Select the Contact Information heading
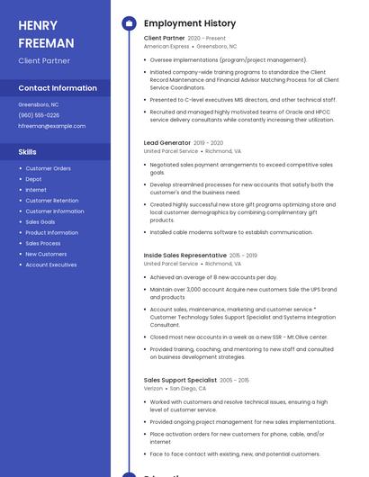(x=58, y=88)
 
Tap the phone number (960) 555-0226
(x=39, y=115)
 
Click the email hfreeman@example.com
(x=51, y=126)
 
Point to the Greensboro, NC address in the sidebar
(x=39, y=104)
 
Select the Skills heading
(x=28, y=152)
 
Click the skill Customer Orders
(x=48, y=168)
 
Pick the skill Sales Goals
(x=40, y=221)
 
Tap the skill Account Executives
(x=51, y=265)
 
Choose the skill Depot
(x=33, y=179)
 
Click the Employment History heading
(x=190, y=23)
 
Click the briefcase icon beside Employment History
(x=129, y=23)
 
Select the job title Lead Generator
(x=167, y=142)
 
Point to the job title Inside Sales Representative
(x=184, y=256)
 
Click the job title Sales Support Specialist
(x=180, y=380)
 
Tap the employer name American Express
(x=166, y=46)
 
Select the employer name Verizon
(x=154, y=388)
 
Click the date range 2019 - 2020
(x=208, y=142)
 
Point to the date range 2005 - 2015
(x=236, y=380)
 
